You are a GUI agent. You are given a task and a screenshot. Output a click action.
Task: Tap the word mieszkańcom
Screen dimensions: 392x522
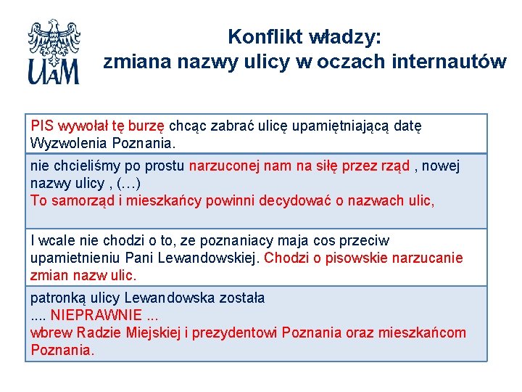click(x=424, y=332)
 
